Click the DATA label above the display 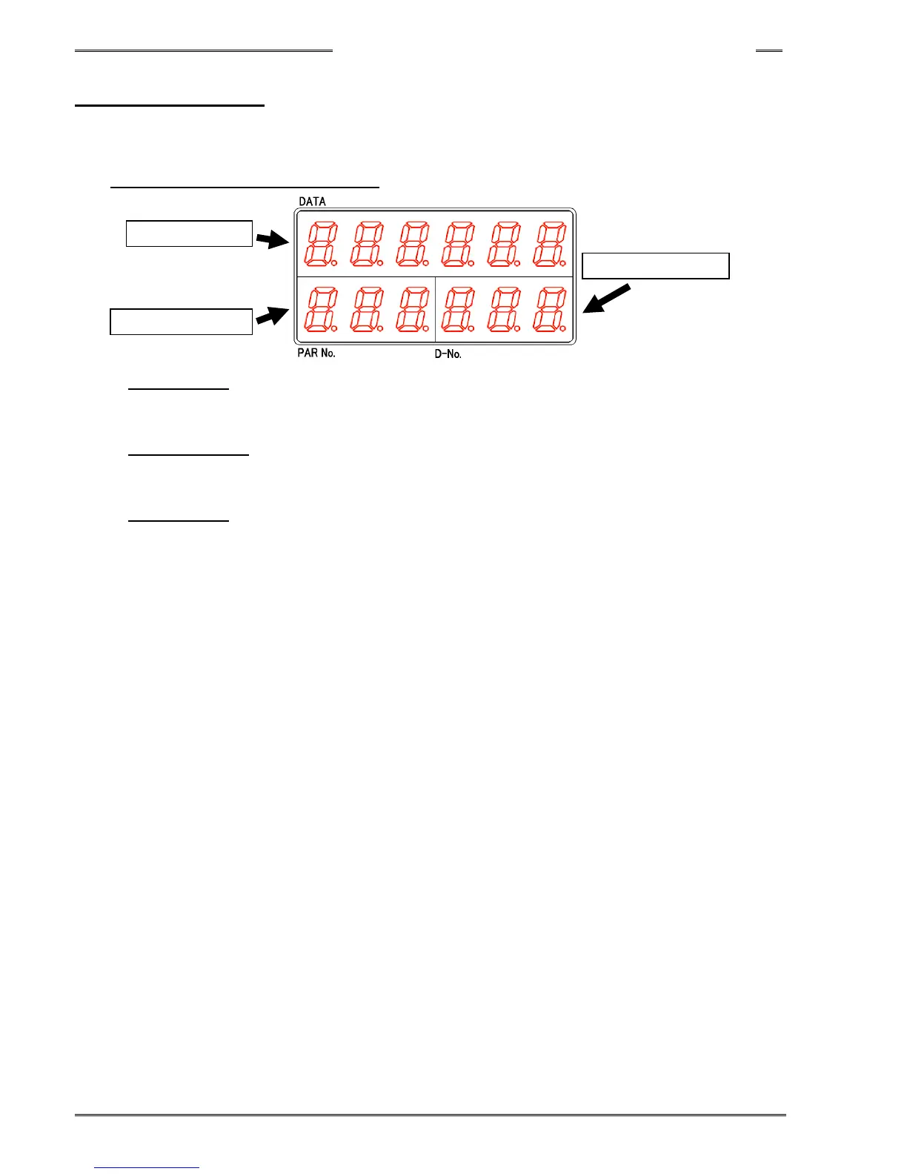click(312, 202)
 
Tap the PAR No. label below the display click(316, 353)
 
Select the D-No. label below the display click(448, 354)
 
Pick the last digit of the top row click(549, 245)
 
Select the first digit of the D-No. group click(457, 310)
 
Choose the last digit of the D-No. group click(549, 310)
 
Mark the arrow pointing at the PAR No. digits click(272, 316)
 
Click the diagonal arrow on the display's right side click(607, 299)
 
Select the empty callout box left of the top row click(189, 233)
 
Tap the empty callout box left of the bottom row click(181, 322)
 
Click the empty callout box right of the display click(656, 265)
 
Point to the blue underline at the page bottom click(147, 1167)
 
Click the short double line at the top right click(768, 51)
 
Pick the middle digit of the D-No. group click(503, 310)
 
